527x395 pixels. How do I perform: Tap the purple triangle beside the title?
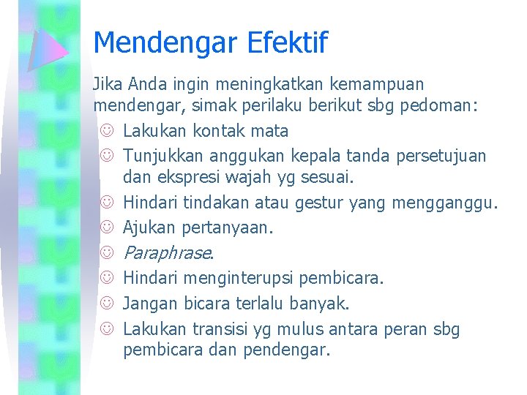[x=47, y=48]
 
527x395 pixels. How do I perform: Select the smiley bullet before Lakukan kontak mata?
[x=107, y=132]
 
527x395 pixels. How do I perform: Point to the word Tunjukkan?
[x=162, y=155]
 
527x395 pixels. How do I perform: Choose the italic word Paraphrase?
[x=168, y=253]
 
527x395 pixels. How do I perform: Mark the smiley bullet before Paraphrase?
[x=107, y=253]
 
